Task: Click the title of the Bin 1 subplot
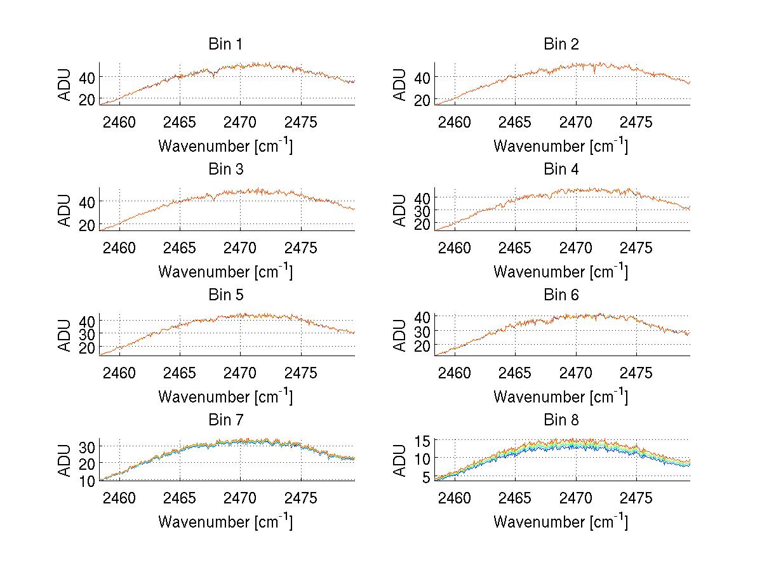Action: pyautogui.click(x=225, y=44)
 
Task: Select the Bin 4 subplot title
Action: pyautogui.click(x=561, y=170)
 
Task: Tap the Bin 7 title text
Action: pyautogui.click(x=225, y=420)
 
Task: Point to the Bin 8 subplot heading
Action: pyautogui.click(x=561, y=420)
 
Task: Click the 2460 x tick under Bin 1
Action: pyautogui.click(x=119, y=123)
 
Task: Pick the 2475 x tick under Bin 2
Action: pyautogui.click(x=636, y=123)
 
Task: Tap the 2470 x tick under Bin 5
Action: pyautogui.click(x=240, y=373)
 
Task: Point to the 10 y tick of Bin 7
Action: pyautogui.click(x=88, y=481)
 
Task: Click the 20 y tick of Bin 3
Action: pyautogui.click(x=88, y=225)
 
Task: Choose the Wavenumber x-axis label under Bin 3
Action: pyautogui.click(x=225, y=271)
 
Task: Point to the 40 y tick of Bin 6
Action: pyautogui.click(x=423, y=316)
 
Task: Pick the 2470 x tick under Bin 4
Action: pyautogui.click(x=575, y=248)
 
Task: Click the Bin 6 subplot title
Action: pyautogui.click(x=561, y=295)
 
